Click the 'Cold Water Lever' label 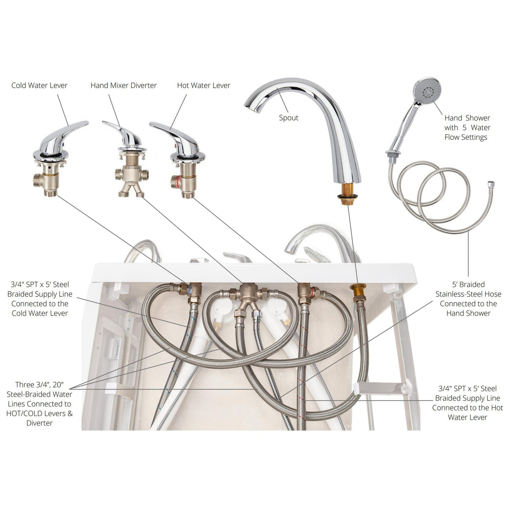coord(39,85)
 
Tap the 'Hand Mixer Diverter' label coord(123,85)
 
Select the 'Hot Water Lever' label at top coord(204,85)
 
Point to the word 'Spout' coord(289,118)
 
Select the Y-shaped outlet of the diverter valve coord(131,190)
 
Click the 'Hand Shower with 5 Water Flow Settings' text coord(467,128)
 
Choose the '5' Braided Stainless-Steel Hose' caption coord(468,299)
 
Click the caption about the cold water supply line coord(40,299)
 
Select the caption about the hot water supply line coord(468,403)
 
